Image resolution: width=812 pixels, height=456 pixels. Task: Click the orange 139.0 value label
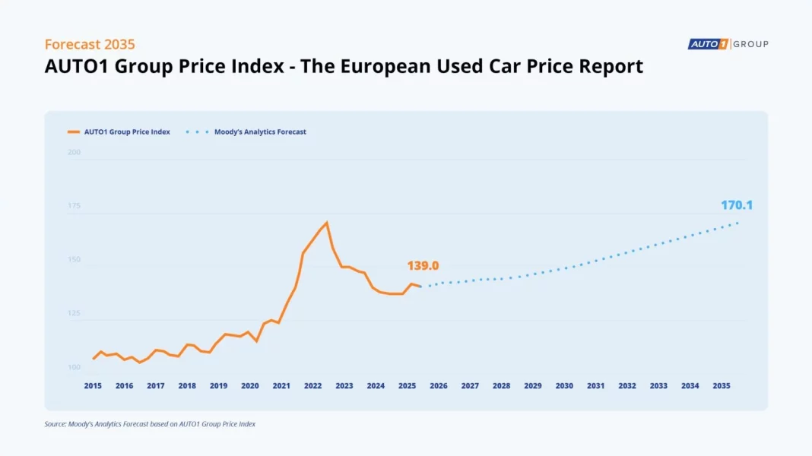(x=423, y=266)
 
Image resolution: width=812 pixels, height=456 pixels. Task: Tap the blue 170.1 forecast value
(x=737, y=205)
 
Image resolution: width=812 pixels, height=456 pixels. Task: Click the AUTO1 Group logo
(x=728, y=44)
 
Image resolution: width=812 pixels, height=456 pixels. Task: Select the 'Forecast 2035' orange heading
(x=90, y=44)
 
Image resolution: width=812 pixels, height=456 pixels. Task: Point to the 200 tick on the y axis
(x=74, y=152)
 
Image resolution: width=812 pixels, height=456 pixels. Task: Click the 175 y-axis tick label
(x=74, y=206)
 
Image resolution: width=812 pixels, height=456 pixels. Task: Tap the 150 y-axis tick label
(x=74, y=260)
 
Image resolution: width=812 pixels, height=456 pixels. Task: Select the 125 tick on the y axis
(x=74, y=313)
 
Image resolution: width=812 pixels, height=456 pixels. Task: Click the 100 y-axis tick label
(x=74, y=367)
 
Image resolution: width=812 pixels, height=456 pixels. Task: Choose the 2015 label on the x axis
(x=93, y=386)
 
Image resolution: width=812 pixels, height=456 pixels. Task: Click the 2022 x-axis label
(x=312, y=386)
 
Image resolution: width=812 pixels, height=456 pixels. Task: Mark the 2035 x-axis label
(x=722, y=386)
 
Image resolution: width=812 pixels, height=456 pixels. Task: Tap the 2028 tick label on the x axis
(x=501, y=386)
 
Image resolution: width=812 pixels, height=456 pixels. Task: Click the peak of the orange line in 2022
(x=327, y=223)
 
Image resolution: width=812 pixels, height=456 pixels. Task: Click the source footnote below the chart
(x=150, y=424)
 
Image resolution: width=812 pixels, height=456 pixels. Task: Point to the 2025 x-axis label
(x=407, y=386)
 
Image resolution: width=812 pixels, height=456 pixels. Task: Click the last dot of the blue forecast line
(x=737, y=223)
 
